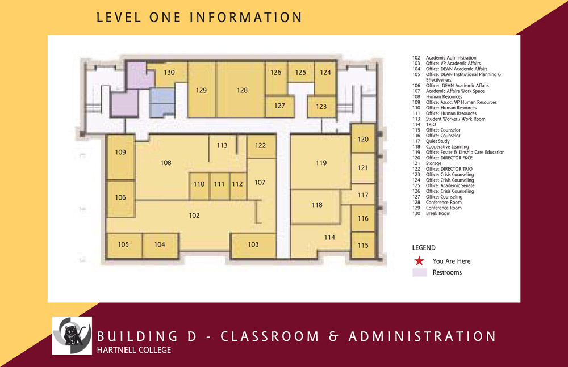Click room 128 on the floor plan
243,90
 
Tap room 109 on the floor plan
120,152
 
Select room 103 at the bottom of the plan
253,244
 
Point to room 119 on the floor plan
321,163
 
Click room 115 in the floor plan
363,246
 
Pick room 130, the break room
169,73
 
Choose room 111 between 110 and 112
219,184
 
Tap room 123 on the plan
321,107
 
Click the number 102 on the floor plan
194,216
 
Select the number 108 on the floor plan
166,163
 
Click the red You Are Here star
419,261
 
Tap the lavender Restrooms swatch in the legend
419,272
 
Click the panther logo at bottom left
72,335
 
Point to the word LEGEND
424,248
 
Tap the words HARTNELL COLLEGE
134,350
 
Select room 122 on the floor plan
260,146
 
